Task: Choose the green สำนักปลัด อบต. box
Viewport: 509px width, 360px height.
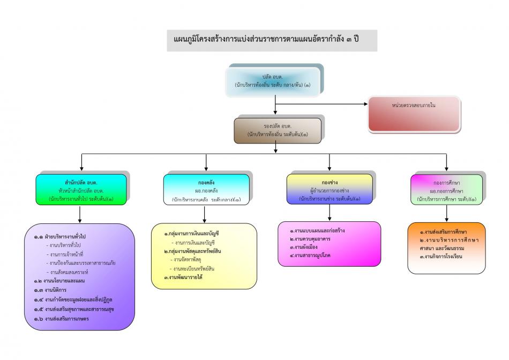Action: (x=81, y=190)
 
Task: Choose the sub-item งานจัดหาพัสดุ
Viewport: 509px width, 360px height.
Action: (x=185, y=259)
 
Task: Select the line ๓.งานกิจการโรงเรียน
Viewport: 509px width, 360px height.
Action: (x=441, y=257)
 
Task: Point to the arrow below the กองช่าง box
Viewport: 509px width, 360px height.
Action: (x=330, y=213)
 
